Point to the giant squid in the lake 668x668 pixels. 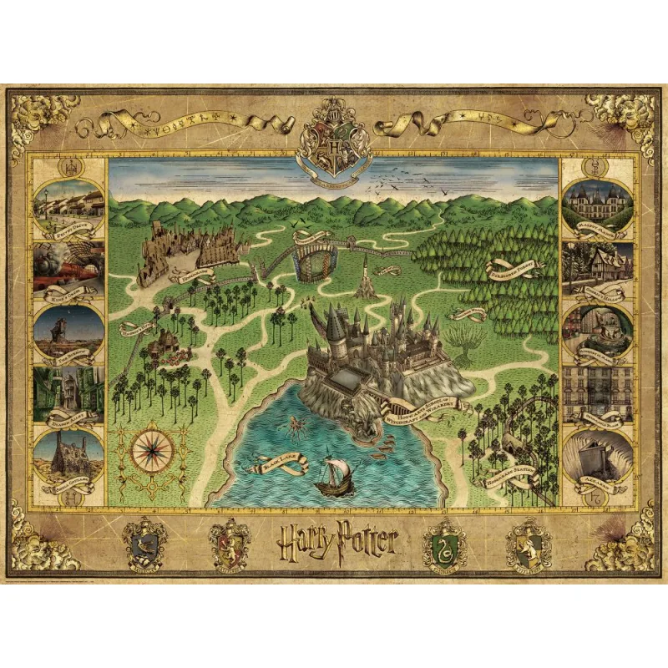(x=297, y=430)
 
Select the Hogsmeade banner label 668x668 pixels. (x=194, y=271)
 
